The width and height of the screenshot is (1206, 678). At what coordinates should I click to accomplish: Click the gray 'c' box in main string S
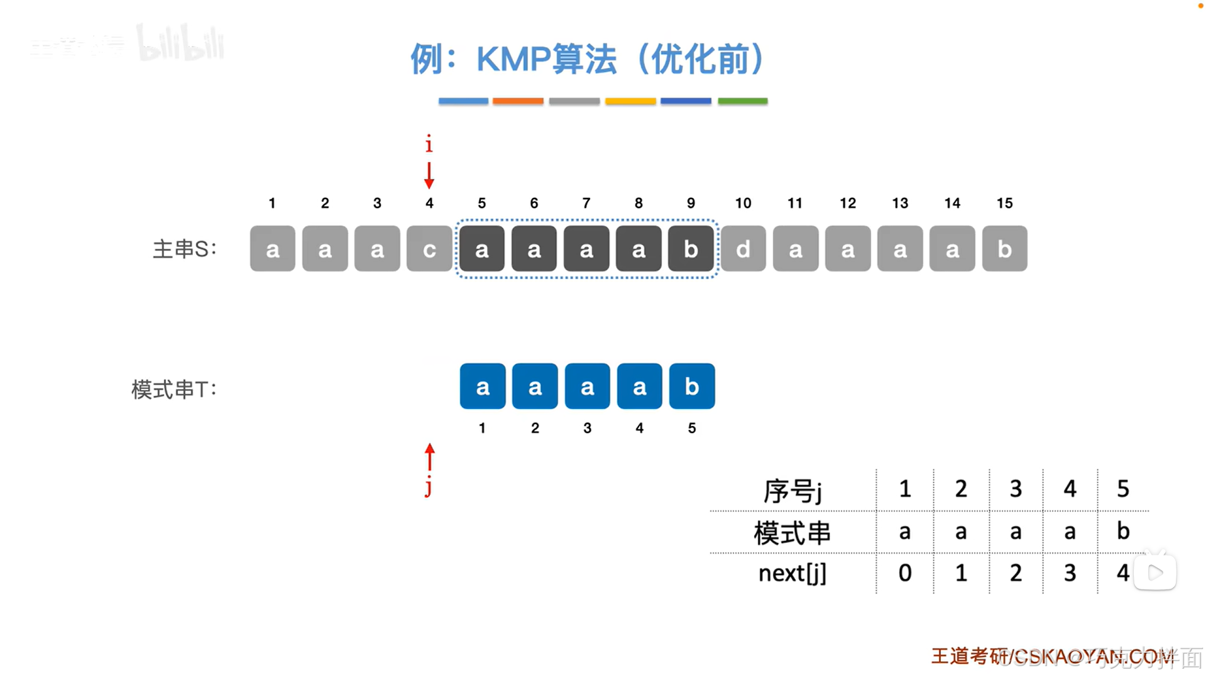tap(429, 249)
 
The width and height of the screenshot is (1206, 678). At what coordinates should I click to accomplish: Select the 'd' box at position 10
tap(743, 249)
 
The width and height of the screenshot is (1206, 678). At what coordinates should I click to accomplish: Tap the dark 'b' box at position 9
tap(691, 249)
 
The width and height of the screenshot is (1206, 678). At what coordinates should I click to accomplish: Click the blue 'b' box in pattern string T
tap(691, 386)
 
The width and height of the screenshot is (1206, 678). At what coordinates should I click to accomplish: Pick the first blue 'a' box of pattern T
tap(482, 386)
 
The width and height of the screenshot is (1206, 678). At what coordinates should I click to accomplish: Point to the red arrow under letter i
tap(429, 175)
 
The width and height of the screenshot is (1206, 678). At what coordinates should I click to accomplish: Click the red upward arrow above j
tap(430, 457)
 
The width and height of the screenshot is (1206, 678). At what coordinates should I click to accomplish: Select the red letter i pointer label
tap(429, 145)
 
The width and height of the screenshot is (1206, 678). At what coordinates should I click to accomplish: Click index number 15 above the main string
tap(1004, 203)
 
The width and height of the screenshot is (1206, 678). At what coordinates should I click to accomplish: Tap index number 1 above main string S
tap(272, 203)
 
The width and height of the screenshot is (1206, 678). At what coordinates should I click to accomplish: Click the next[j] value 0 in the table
tap(905, 572)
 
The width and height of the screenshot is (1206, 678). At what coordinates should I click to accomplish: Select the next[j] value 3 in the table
tap(1070, 572)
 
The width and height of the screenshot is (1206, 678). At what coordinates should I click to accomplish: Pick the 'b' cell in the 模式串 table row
tap(1123, 532)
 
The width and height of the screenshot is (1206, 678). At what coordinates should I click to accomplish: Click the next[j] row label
tap(792, 573)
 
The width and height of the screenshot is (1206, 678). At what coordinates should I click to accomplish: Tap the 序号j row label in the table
tap(792, 490)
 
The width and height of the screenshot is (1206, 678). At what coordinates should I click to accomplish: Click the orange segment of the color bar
tap(518, 101)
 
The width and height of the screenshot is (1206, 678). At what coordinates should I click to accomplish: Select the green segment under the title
tap(742, 101)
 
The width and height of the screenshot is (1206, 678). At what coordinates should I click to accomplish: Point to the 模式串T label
tap(174, 390)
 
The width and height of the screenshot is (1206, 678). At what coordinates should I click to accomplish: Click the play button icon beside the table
tap(1155, 572)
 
